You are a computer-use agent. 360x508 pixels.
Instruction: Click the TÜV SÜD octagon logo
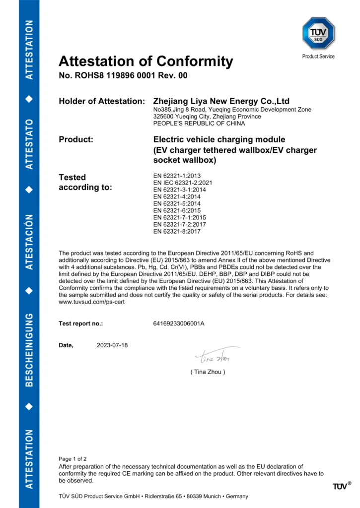(318, 33)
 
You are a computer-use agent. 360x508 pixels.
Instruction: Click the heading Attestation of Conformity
(145, 62)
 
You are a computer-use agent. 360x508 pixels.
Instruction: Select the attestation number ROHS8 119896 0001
(123, 76)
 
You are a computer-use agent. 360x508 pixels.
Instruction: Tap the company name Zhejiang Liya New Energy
(221, 101)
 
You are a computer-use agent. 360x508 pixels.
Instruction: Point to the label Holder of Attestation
(102, 101)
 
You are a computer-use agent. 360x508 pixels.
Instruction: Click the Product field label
(76, 139)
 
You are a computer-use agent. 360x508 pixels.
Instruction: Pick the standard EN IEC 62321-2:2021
(183, 183)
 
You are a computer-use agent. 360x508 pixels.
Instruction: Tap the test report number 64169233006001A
(179, 324)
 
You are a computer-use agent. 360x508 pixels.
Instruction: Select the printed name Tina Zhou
(208, 372)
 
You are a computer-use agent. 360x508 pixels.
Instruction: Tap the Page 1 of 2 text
(72, 459)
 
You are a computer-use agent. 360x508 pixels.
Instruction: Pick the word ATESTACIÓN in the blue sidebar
(29, 242)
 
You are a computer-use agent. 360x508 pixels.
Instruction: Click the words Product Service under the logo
(318, 57)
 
